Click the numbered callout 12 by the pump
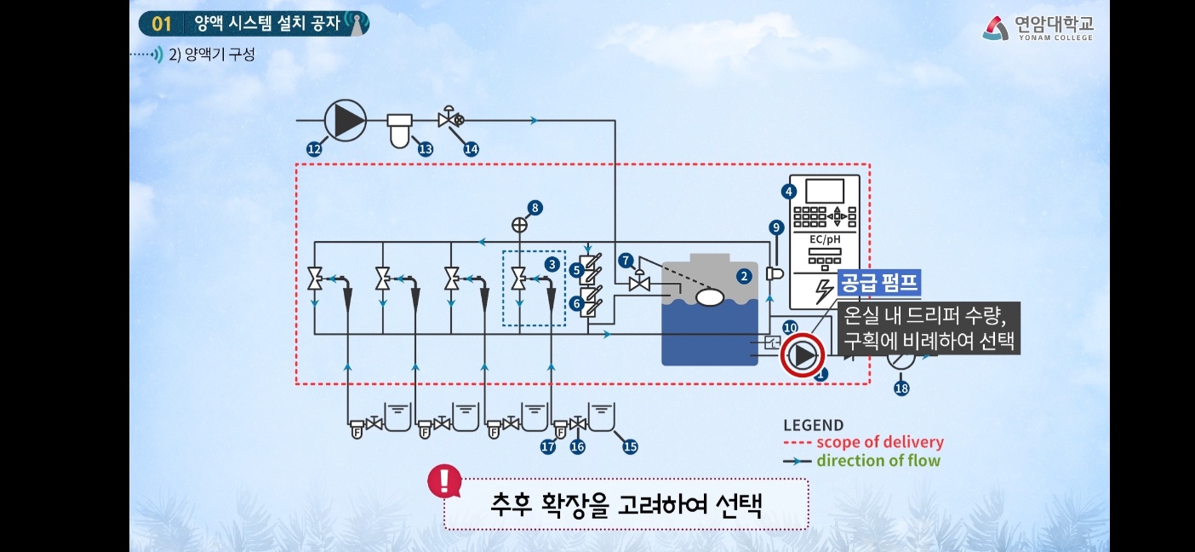tap(314, 149)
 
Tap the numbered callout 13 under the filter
tap(425, 149)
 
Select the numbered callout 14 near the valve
tap(471, 149)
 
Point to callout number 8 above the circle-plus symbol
tap(535, 207)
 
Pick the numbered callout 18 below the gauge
tap(901, 388)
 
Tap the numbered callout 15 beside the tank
tap(630, 446)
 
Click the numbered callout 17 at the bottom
tap(548, 446)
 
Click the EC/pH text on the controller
tap(824, 240)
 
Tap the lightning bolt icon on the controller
tap(824, 291)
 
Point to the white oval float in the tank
tap(709, 297)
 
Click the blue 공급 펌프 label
tap(880, 283)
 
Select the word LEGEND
tap(813, 425)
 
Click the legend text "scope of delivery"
tap(879, 442)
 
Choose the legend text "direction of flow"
tap(878, 461)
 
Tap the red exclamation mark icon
tap(444, 481)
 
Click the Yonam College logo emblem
tap(996, 28)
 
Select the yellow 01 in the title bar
tap(161, 23)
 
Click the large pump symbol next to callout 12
tap(345, 119)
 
